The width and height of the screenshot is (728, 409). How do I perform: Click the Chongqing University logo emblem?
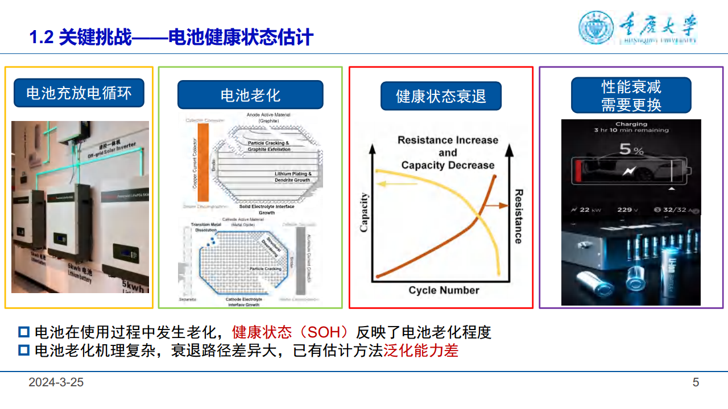[597, 28]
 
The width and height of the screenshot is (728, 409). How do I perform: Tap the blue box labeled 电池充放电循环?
[78, 93]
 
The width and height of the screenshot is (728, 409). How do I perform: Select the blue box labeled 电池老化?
[250, 95]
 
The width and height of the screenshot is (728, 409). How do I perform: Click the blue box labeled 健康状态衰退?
[441, 95]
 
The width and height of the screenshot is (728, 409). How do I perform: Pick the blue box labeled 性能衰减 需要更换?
[631, 95]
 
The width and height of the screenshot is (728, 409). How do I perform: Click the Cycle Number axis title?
[444, 290]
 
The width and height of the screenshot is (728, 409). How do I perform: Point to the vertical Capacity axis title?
[365, 212]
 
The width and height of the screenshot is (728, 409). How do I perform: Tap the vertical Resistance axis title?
[518, 216]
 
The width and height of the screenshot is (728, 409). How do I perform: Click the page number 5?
[696, 382]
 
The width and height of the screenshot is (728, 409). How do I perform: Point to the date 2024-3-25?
[56, 382]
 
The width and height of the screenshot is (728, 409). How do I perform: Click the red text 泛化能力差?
[421, 350]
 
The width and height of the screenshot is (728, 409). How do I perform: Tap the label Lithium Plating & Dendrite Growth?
[292, 177]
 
